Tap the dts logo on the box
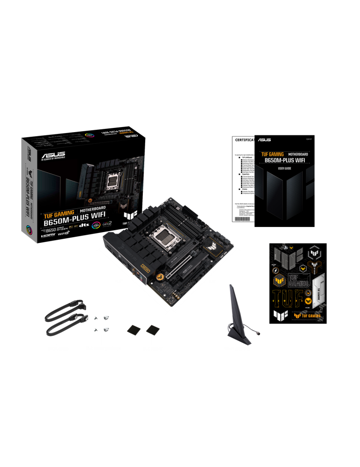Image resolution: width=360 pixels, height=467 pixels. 84,225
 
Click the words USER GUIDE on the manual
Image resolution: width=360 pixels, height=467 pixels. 284,168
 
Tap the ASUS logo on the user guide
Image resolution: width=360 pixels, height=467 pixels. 264,140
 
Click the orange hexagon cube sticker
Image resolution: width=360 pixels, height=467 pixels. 280,280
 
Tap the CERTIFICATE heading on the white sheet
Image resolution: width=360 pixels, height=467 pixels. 244,140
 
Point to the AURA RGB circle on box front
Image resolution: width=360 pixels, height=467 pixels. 96,224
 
